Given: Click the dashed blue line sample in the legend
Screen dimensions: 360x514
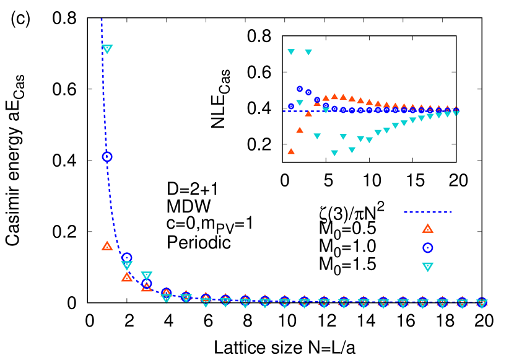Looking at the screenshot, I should [x=427, y=213].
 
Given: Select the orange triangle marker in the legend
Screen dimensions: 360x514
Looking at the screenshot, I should [x=427, y=229].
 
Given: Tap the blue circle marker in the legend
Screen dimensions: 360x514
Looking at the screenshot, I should [x=427, y=248].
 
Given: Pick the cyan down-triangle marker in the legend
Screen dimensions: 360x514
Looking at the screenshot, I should [x=427, y=266].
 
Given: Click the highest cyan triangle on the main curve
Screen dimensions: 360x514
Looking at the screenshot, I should [x=107, y=49].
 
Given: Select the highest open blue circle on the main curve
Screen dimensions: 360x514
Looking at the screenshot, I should [x=107, y=157].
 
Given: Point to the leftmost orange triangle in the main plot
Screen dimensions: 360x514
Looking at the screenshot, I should [x=107, y=246].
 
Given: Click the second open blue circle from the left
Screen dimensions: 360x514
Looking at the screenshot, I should [x=127, y=257].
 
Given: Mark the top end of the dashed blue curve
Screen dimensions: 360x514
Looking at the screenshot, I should [x=102, y=20].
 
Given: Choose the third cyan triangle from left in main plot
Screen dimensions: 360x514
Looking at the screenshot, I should [x=146, y=276].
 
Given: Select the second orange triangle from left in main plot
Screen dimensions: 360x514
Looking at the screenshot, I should [x=126, y=277].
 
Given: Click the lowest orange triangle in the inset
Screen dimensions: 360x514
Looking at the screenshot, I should [x=291, y=151].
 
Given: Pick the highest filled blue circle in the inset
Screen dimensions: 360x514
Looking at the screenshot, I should [x=300, y=89].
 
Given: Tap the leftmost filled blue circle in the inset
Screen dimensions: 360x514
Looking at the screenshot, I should [x=291, y=106].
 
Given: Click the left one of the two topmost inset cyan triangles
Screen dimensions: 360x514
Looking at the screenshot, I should [x=291, y=52].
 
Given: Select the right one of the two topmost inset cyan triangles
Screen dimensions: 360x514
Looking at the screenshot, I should [x=308, y=52].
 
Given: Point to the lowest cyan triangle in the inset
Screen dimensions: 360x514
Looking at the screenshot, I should [x=334, y=152].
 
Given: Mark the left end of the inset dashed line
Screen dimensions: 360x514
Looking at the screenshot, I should [x=284, y=112].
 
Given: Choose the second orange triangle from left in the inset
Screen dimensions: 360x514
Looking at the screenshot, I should [x=300, y=130].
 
